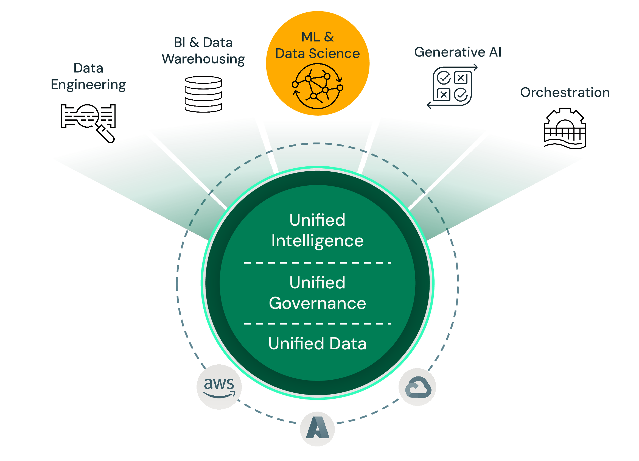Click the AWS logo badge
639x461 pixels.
point(219,387)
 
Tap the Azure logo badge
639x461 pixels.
point(317,429)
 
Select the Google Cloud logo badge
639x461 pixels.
point(417,387)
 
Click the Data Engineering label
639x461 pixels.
point(88,76)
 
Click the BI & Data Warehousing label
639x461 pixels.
point(203,51)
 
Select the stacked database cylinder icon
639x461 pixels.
point(203,94)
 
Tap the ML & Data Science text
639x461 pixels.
point(318,45)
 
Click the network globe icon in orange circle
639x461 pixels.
point(318,86)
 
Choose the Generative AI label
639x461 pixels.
point(458,52)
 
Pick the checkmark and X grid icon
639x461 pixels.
point(452,86)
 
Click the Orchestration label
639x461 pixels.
point(565,93)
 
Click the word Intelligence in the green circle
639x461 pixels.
point(318,241)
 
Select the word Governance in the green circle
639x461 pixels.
point(318,303)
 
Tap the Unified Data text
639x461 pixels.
point(318,344)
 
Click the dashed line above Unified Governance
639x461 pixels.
point(318,262)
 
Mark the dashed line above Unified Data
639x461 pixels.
point(318,323)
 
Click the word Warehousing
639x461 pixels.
point(203,59)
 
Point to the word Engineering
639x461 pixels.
point(88,85)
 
